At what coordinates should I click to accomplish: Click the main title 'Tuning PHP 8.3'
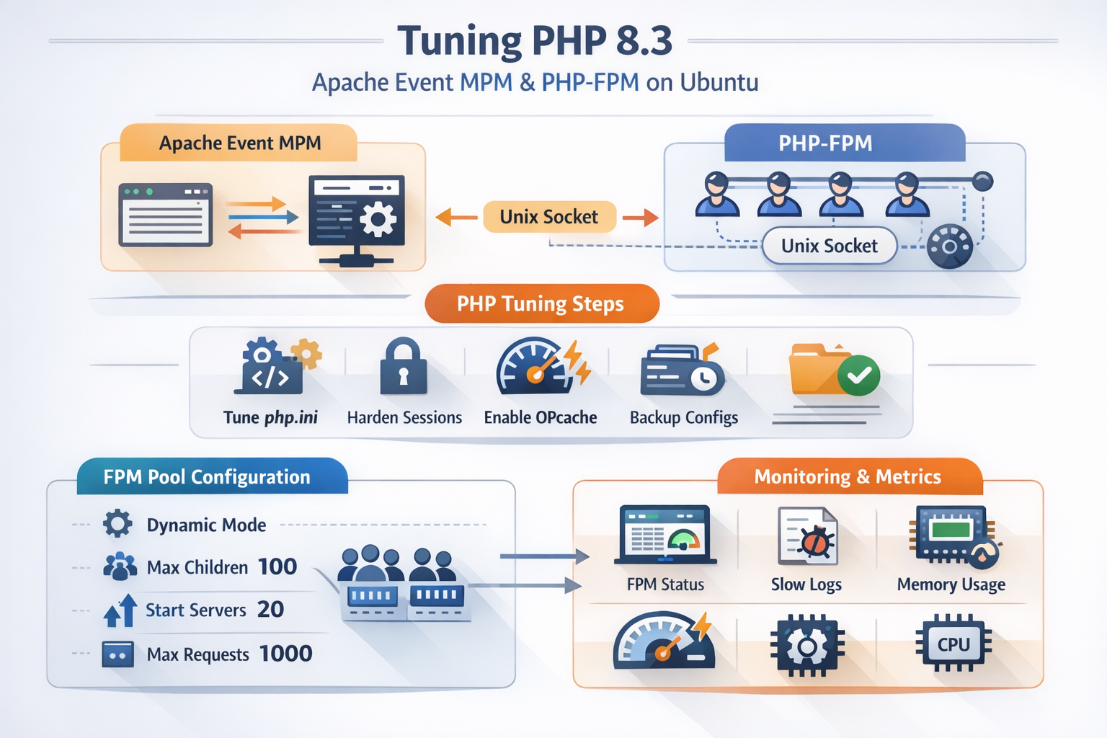pos(535,40)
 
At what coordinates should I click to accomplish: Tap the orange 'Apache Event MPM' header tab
pos(239,143)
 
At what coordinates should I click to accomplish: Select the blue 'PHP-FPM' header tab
pos(825,143)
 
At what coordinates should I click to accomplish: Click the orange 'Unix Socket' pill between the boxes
pos(549,217)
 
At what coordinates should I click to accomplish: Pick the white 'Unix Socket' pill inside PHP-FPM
pos(829,246)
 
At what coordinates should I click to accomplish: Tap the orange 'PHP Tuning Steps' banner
pos(541,303)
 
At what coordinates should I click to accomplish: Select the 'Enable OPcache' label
pos(541,417)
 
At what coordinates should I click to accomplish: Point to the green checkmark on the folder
pos(859,375)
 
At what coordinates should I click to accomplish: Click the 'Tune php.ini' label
pos(270,417)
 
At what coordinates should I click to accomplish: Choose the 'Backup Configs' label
pos(684,417)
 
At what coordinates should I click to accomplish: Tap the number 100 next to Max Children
pos(277,567)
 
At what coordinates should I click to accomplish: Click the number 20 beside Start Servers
pos(270,610)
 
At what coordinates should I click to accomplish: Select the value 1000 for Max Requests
pos(285,654)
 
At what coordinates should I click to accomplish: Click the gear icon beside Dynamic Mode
pos(117,524)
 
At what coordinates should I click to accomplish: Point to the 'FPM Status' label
pos(665,584)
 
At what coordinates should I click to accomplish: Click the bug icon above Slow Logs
pos(815,541)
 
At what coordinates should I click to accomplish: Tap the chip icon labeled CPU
pos(953,644)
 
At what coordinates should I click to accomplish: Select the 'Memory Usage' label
pos(951,584)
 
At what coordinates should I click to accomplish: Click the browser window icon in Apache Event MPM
pos(165,215)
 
